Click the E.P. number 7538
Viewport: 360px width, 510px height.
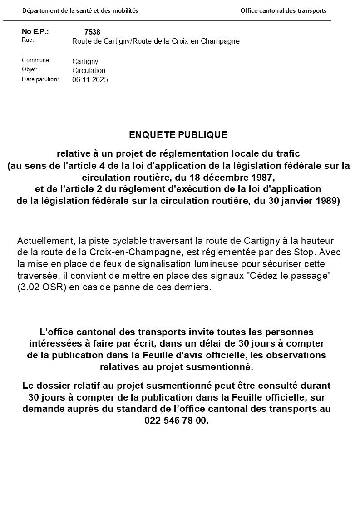(x=92, y=32)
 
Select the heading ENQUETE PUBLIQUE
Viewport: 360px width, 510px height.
(x=178, y=135)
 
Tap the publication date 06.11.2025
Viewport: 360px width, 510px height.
(x=90, y=80)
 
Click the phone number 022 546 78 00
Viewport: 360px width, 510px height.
(x=177, y=421)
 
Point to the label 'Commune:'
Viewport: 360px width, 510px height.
(x=36, y=60)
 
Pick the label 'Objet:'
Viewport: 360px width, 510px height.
(x=30, y=69)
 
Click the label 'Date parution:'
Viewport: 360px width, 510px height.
(x=40, y=79)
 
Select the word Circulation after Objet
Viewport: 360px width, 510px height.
(x=89, y=71)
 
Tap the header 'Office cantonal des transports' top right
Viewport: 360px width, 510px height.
(x=283, y=11)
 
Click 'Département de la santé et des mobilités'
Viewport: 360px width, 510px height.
(x=80, y=11)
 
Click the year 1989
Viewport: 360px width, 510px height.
(x=327, y=201)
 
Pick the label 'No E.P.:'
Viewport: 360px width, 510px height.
(x=35, y=31)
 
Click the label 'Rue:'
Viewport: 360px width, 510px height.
(x=28, y=40)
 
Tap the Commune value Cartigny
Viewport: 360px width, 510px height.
(x=85, y=62)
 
